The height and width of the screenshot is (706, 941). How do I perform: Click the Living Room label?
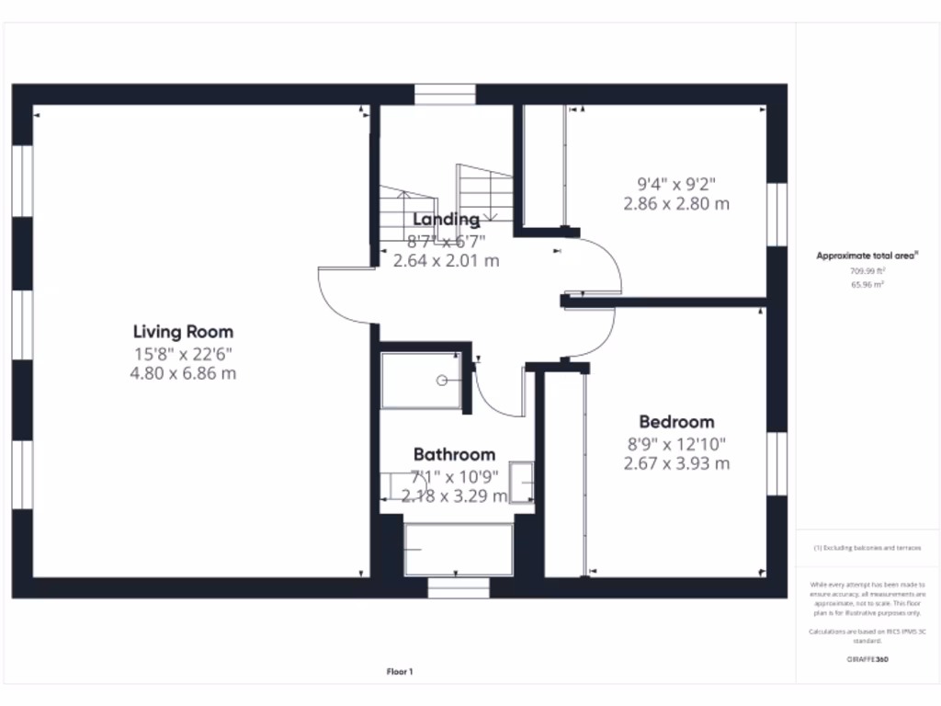click(183, 332)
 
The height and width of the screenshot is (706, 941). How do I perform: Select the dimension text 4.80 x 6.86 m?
click(183, 374)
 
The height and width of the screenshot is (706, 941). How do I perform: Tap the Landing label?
click(446, 220)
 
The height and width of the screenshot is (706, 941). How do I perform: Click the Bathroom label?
click(454, 454)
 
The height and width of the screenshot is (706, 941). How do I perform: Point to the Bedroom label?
click(676, 422)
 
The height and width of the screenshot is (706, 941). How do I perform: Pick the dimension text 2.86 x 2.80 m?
click(676, 204)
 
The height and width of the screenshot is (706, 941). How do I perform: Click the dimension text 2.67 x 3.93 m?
click(676, 463)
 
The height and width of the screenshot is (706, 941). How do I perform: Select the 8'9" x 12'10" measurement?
click(676, 443)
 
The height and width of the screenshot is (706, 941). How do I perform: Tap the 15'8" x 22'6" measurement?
click(183, 354)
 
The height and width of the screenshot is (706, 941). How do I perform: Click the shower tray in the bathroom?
click(422, 380)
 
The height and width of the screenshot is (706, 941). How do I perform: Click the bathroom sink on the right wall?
click(522, 482)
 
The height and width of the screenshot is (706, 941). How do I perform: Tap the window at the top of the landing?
click(445, 94)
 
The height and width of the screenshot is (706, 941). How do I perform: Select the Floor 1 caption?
click(400, 672)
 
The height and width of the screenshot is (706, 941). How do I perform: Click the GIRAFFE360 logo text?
click(868, 659)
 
